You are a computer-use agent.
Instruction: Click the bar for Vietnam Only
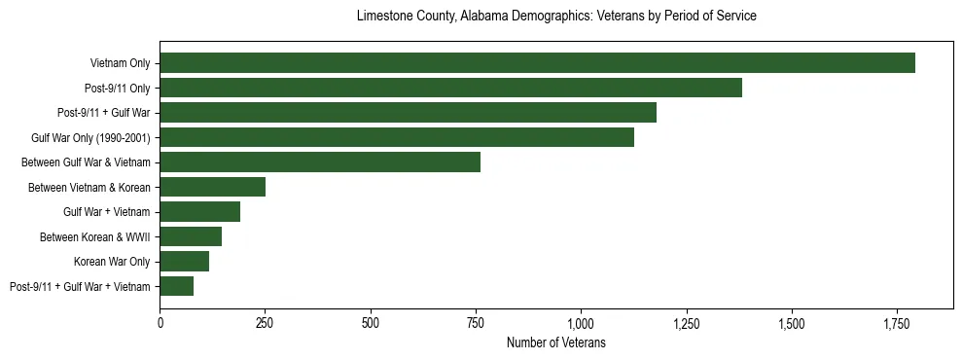click(537, 63)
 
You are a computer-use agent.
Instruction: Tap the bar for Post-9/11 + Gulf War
click(408, 113)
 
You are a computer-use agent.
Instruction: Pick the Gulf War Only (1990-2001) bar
click(397, 137)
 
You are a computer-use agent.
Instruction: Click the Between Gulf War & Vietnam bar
click(320, 162)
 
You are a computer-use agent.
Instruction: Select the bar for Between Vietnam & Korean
click(212, 187)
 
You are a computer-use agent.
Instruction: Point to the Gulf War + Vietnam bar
click(199, 212)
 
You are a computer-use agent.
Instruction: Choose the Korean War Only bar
click(184, 262)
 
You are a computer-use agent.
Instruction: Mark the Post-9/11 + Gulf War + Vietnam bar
click(176, 286)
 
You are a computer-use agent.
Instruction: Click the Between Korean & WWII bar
click(191, 236)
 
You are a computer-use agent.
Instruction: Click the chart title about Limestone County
click(556, 17)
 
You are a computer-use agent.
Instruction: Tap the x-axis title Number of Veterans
click(556, 342)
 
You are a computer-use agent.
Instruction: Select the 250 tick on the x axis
click(266, 323)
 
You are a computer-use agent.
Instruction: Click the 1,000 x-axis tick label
click(581, 323)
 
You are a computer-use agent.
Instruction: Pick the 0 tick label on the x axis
click(160, 323)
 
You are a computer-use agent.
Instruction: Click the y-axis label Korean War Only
click(112, 262)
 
